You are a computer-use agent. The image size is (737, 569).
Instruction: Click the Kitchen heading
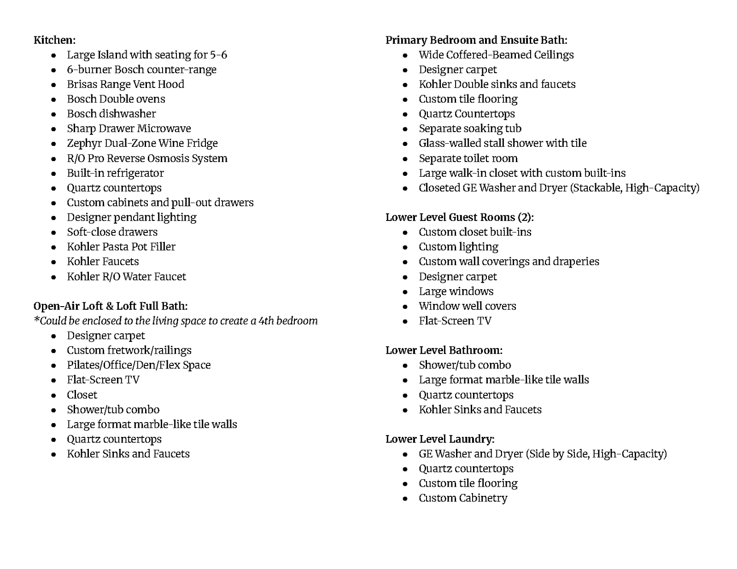pos(54,40)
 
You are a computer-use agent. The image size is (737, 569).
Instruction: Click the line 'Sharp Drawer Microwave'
pos(129,128)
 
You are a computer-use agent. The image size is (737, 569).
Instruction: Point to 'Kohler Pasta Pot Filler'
pos(121,247)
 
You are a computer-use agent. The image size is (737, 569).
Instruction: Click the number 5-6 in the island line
pos(218,55)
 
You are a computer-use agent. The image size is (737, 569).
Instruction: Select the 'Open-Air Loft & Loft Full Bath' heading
pos(110,306)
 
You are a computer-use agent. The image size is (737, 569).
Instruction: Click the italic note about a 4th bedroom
pos(175,321)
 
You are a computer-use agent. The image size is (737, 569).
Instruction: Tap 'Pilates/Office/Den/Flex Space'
pos(138,365)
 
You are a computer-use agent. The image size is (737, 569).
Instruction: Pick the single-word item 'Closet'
pos(82,395)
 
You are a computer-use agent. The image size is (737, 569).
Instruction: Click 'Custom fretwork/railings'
pos(129,350)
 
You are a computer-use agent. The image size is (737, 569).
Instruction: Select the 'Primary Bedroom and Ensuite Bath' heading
pos(476,40)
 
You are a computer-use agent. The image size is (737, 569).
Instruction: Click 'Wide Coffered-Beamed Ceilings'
pos(496,55)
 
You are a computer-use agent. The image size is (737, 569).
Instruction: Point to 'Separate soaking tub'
pos(470,128)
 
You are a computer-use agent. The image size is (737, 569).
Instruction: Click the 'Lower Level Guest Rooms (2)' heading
pos(459,217)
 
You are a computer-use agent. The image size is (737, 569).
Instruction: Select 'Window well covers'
pos(467,306)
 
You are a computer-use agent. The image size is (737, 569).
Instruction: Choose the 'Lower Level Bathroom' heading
pos(444,350)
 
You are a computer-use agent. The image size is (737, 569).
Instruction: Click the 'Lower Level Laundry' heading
pos(439,439)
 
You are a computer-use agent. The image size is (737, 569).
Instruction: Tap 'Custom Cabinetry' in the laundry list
pos(462,498)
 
